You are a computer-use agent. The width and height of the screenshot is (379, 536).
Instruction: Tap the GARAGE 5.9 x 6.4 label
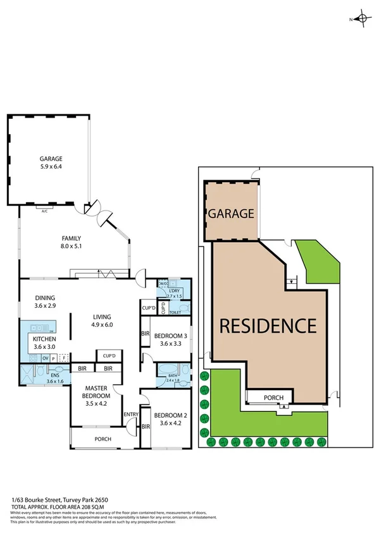(x=49, y=163)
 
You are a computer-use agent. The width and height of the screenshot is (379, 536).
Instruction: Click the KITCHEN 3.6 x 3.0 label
(x=44, y=342)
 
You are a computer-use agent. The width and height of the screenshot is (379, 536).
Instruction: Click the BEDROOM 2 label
(x=170, y=420)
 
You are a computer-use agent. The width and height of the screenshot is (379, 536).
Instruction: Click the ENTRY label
(x=131, y=415)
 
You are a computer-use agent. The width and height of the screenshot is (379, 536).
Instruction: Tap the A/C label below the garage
(x=44, y=211)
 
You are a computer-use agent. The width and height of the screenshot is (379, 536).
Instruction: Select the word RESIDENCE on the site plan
(x=268, y=326)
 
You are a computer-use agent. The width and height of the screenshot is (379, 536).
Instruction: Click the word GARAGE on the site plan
(x=231, y=214)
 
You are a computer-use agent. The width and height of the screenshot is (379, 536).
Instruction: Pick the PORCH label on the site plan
(x=270, y=398)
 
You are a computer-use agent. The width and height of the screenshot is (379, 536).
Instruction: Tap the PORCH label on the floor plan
(x=103, y=439)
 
